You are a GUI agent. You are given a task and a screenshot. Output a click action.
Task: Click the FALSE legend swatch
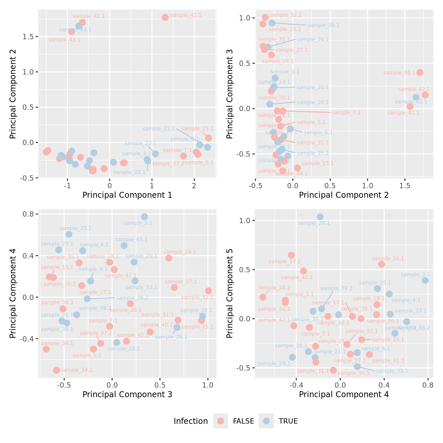point(221,421)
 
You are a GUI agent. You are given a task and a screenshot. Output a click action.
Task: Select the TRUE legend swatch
point(266,421)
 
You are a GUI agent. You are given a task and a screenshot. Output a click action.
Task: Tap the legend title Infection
point(191,421)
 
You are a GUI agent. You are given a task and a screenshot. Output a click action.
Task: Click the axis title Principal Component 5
point(230,293)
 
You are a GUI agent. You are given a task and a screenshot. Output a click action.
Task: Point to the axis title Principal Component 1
point(127,195)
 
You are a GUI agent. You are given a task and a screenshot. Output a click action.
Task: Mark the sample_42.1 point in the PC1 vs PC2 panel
point(165,17)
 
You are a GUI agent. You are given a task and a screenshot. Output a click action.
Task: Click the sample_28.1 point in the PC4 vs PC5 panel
point(320,217)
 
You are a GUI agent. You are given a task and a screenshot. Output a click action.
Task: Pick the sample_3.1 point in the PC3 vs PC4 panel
point(144,217)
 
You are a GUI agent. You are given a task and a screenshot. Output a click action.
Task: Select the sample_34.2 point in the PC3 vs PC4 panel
point(56,370)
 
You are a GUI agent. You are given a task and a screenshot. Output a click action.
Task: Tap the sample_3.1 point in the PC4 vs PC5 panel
point(425,281)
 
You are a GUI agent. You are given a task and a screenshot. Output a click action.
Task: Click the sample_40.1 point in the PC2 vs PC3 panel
point(420,73)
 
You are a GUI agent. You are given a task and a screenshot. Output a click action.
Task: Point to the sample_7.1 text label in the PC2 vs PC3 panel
point(346,113)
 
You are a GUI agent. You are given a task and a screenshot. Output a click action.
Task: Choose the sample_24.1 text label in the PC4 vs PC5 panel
point(388,259)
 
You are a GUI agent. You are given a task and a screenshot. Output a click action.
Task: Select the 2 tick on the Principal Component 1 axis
point(194,185)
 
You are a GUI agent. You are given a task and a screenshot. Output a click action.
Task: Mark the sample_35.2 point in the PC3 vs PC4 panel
point(69,234)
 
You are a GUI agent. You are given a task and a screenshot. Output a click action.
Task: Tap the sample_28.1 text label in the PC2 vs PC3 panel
point(323,25)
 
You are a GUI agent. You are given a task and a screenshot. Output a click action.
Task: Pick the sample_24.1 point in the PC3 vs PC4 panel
point(169,258)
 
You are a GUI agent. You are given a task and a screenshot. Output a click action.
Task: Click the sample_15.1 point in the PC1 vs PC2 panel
point(208,138)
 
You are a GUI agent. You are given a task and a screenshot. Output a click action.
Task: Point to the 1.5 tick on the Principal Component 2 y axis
point(29,37)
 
